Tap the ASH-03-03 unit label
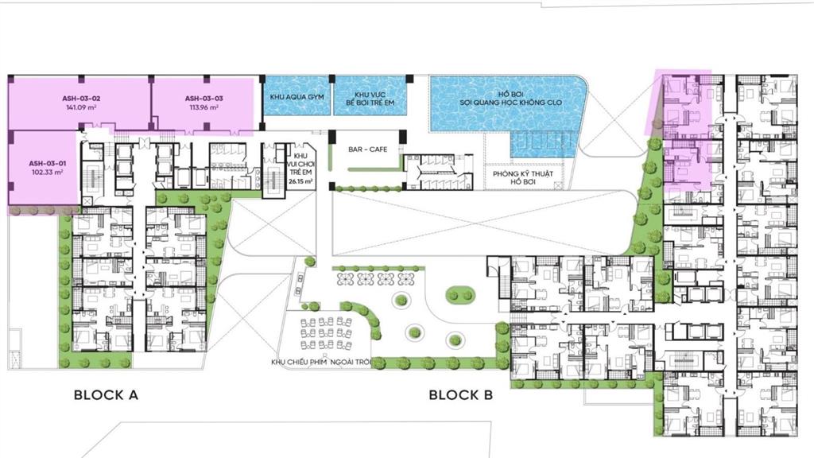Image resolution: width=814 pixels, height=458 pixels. click(203, 99)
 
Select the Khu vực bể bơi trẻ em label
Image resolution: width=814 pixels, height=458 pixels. click(370, 99)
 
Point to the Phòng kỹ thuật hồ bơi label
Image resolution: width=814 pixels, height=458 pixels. click(523, 178)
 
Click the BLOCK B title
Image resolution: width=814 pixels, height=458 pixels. click(465, 394)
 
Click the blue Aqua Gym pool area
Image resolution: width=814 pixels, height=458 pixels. click(297, 111)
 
